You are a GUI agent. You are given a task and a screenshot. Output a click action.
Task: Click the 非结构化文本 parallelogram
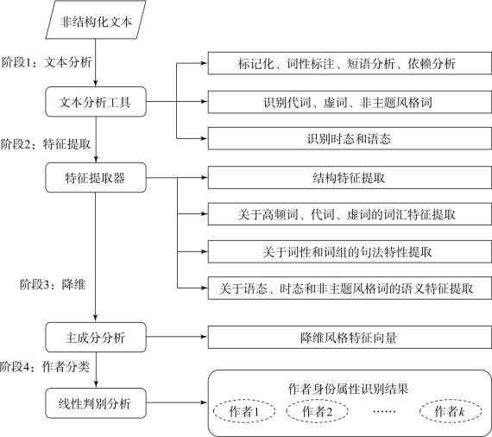[x=96, y=20]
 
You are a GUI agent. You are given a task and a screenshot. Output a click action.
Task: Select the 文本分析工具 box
[x=96, y=102]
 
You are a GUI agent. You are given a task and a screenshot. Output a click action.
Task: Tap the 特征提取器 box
[x=96, y=177]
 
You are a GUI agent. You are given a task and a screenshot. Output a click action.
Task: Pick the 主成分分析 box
[x=96, y=337]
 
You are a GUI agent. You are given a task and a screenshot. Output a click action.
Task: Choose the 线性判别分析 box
[x=96, y=403]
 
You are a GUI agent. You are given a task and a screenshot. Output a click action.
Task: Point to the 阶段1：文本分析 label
[x=47, y=62]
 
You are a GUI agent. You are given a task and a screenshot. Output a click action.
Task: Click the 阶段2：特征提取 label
[x=46, y=144]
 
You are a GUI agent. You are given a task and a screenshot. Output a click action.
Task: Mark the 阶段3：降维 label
[x=53, y=285]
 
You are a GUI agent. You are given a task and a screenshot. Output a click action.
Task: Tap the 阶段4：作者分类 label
[x=45, y=367]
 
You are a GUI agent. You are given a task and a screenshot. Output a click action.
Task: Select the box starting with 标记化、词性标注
[x=350, y=63]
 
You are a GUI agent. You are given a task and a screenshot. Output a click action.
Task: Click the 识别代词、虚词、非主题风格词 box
[x=350, y=102]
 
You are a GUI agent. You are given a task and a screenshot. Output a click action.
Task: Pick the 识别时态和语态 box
[x=350, y=138]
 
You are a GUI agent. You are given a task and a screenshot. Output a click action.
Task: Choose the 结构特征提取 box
[x=350, y=178]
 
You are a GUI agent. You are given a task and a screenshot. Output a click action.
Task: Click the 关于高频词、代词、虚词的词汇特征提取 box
[x=350, y=214]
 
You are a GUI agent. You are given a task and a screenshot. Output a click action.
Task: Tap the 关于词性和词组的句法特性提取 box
[x=350, y=252]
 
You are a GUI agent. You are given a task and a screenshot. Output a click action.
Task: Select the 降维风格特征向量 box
[x=350, y=338]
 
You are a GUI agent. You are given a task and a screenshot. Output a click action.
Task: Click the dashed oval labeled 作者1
[x=244, y=411]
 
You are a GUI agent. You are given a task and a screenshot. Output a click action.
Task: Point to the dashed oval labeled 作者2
[x=317, y=411]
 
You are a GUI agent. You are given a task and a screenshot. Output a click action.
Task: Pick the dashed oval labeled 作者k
[x=451, y=411]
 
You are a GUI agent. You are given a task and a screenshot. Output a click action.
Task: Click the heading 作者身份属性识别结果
[x=349, y=389]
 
